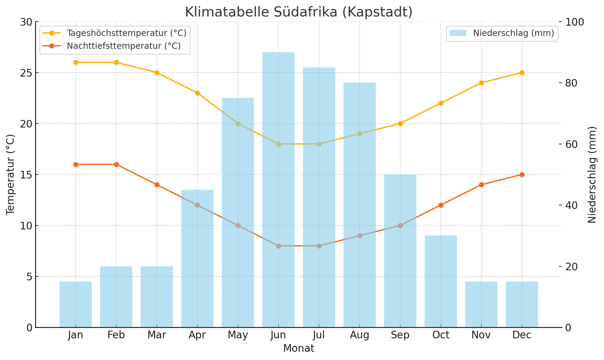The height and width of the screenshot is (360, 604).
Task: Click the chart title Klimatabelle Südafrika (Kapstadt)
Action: (x=299, y=12)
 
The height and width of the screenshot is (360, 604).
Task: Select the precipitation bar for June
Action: (x=279, y=189)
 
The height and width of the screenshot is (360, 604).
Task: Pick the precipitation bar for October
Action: (x=441, y=281)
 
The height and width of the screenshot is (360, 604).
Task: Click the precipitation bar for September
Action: (x=400, y=250)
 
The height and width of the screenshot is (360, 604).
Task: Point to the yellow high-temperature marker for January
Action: (x=76, y=62)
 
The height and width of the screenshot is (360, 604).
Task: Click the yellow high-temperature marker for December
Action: (x=522, y=73)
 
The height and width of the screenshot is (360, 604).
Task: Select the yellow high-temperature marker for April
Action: (x=197, y=93)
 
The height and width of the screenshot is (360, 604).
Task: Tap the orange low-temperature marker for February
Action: (x=116, y=164)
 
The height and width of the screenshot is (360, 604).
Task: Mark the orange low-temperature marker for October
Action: (x=441, y=205)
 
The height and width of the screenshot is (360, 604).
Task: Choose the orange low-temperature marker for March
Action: (x=157, y=185)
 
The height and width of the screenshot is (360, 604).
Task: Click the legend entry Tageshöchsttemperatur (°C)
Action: (x=127, y=33)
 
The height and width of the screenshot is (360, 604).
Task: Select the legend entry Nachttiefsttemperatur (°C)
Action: (x=124, y=46)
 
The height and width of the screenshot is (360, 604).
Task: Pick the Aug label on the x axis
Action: (x=360, y=335)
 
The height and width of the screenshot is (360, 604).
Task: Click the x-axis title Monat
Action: (x=299, y=348)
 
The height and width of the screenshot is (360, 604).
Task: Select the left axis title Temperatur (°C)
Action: (x=10, y=175)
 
